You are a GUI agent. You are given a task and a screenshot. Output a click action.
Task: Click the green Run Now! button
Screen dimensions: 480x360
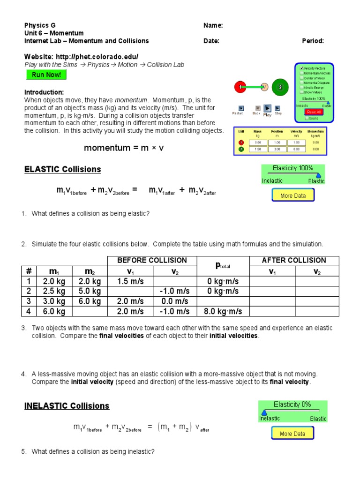tap(46, 75)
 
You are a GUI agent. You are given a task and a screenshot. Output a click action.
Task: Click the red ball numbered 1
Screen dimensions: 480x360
tap(240, 87)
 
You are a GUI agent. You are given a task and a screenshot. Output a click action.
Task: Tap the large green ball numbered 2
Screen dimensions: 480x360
tap(280, 87)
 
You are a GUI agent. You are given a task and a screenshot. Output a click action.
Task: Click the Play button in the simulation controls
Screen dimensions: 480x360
tap(267, 108)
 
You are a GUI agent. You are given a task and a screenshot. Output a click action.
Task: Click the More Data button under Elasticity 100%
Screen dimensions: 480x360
tap(293, 195)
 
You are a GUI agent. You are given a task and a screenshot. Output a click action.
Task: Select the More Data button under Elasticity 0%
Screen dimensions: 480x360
tap(292, 434)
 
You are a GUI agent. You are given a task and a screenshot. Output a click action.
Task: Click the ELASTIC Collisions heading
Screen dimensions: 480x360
tap(62, 169)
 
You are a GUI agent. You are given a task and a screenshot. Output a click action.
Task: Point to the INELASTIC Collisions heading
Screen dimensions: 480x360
tap(67, 406)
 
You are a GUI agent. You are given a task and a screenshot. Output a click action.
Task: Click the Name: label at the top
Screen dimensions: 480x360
tap(213, 25)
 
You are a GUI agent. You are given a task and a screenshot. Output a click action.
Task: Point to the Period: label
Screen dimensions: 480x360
tap(313, 41)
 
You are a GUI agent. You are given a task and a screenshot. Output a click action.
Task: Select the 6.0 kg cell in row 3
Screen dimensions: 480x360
tap(90, 301)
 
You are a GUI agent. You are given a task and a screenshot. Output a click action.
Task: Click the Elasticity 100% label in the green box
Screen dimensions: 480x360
tap(293, 168)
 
